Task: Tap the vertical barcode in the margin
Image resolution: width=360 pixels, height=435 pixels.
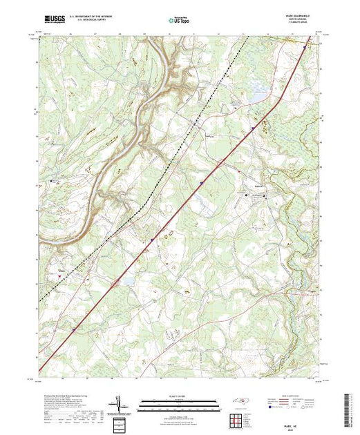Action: (347, 407)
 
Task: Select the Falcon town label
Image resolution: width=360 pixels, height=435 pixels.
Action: (256, 187)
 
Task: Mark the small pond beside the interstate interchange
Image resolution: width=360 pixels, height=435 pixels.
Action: (125, 281)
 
